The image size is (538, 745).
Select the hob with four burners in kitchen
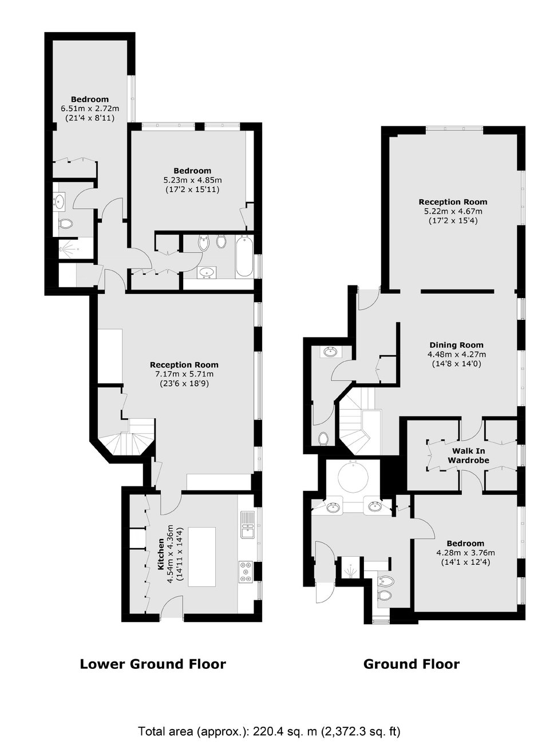[246, 572]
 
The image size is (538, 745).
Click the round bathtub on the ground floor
[353, 478]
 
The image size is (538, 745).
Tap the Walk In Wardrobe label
[468, 455]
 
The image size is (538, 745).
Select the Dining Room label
[456, 345]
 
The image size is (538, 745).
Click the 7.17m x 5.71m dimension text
[184, 374]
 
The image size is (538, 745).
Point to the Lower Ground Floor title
[153, 664]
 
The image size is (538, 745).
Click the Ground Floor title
[412, 664]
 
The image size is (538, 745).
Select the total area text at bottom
[269, 720]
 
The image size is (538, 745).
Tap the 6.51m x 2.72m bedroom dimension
[90, 108]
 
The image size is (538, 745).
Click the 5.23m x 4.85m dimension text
[192, 180]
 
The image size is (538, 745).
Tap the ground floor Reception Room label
[453, 202]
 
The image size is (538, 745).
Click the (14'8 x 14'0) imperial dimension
[456, 363]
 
